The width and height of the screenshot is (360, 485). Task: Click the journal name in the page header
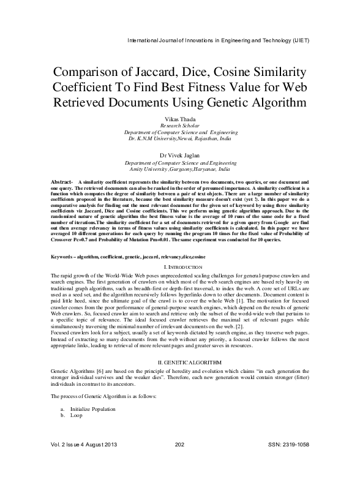[x=217, y=41]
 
